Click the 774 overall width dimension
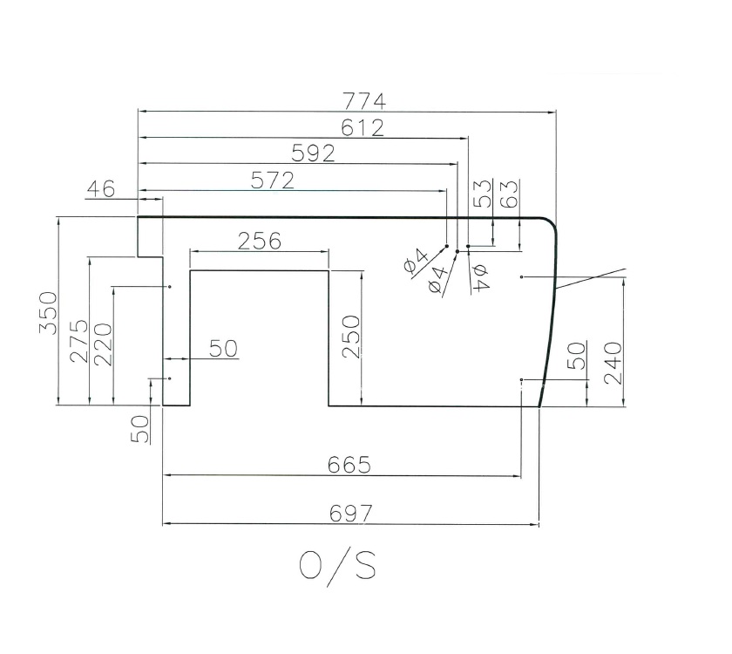[365, 100]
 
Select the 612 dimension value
[363, 127]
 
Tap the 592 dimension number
[314, 153]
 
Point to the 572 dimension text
[272, 181]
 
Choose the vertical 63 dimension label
[511, 194]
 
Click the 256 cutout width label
[259, 241]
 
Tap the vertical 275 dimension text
[79, 341]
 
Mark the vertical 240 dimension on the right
[613, 363]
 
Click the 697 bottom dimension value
[350, 514]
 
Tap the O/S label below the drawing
[337, 566]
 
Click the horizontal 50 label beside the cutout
[223, 348]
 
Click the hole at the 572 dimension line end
[446, 246]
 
